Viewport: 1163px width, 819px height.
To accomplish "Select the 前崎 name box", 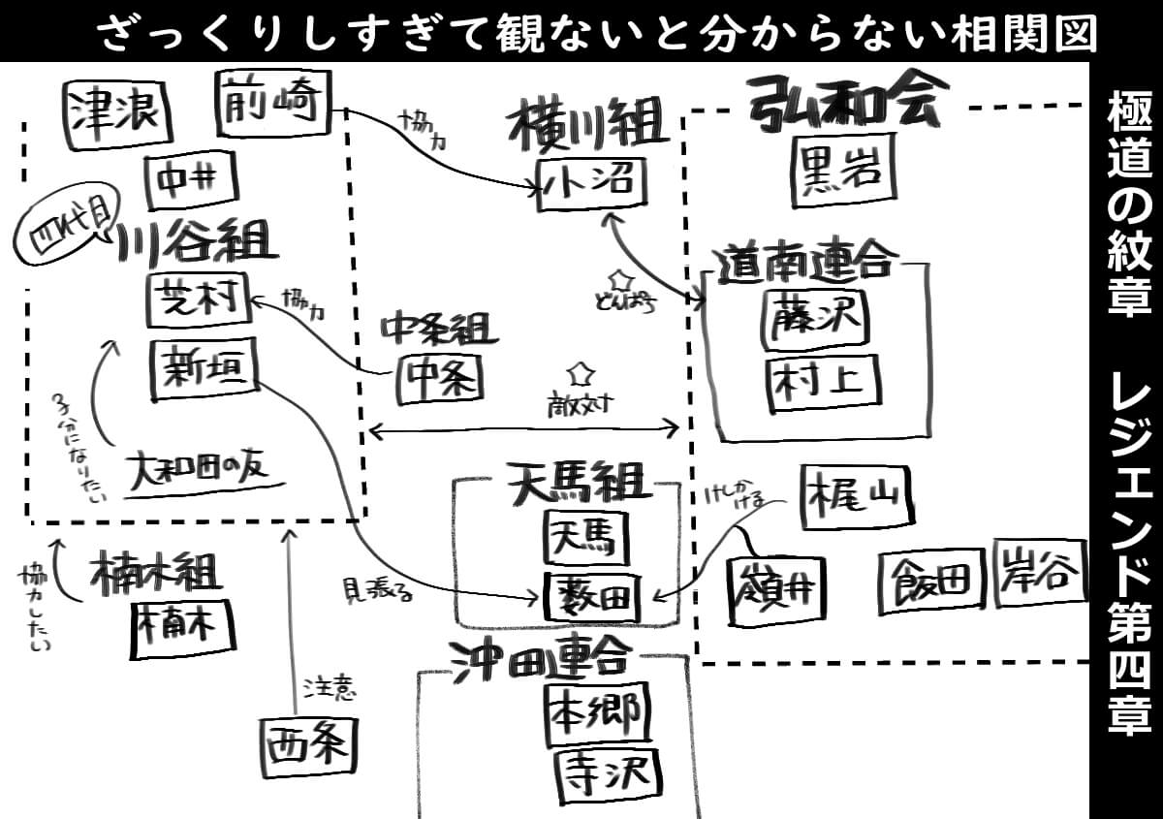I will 272,100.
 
